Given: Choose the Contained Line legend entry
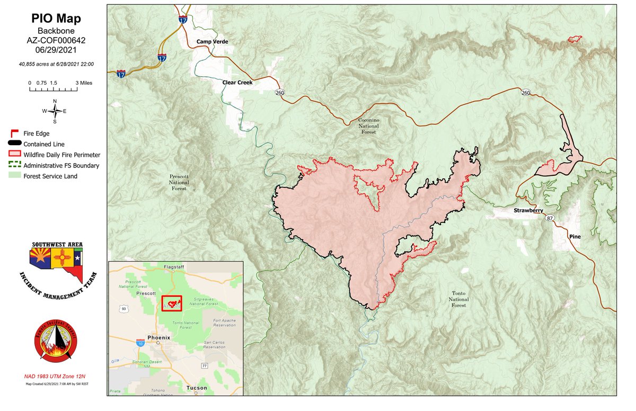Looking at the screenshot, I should (40, 144).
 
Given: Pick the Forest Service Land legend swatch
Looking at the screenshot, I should (14, 176).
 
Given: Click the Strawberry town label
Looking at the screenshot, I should (528, 211).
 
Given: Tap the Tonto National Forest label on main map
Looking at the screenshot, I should (458, 299).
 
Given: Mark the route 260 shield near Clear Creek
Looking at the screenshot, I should (279, 93).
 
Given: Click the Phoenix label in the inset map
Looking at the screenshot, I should (158, 337).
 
